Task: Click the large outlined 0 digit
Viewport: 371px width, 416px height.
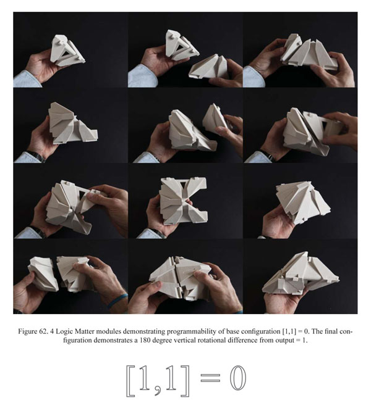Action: coord(238,378)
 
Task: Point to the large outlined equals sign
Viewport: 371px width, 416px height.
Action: coord(210,378)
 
